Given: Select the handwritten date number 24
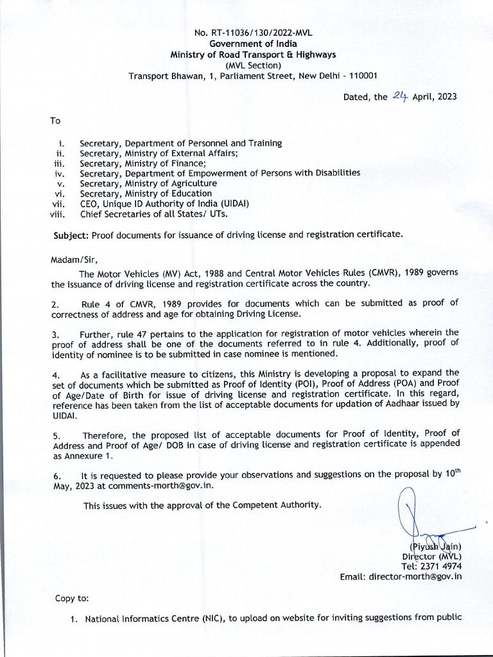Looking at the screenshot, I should point(401,96).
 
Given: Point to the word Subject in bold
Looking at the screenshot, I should point(71,235).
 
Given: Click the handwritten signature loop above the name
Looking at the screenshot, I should point(407,507).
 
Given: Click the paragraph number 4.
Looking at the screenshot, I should point(56,373).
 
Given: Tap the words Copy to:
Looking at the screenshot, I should point(72,599).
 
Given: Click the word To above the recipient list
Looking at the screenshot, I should point(55,121).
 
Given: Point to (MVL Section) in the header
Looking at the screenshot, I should point(253,65).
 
